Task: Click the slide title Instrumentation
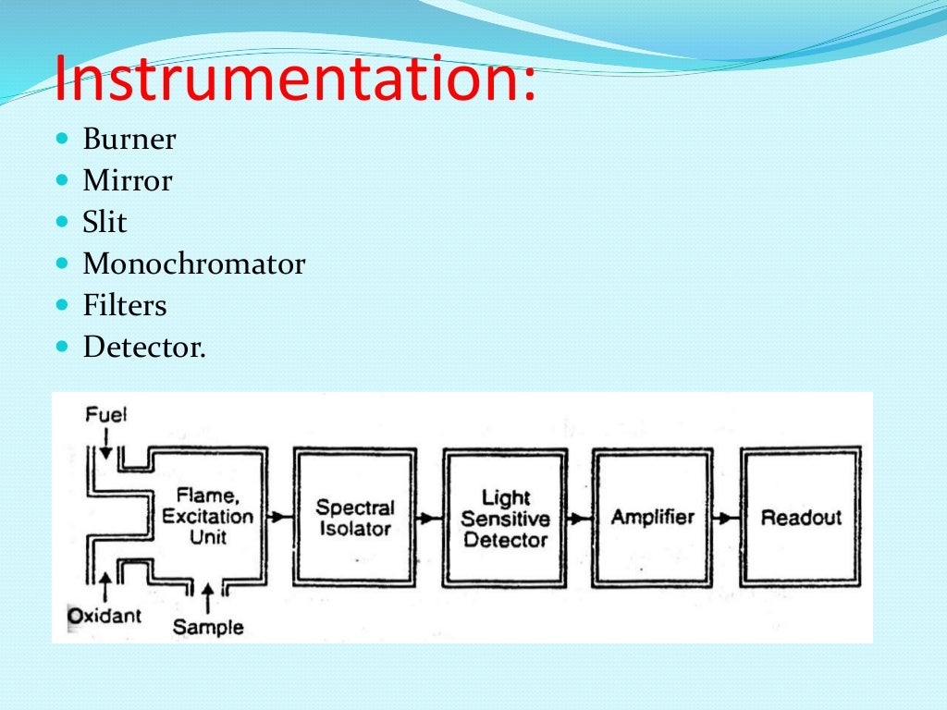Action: pyautogui.click(x=294, y=80)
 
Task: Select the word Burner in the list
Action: pyautogui.click(x=129, y=140)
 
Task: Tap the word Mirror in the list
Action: pyautogui.click(x=127, y=181)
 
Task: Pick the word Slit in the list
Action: pyautogui.click(x=105, y=223)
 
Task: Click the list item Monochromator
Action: pyautogui.click(x=193, y=264)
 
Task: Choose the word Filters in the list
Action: pyautogui.click(x=125, y=306)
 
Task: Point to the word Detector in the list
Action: pyautogui.click(x=144, y=348)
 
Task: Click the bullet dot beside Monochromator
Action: pyautogui.click(x=63, y=263)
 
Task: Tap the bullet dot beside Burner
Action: pyautogui.click(x=63, y=139)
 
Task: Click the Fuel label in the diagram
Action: pyautogui.click(x=105, y=414)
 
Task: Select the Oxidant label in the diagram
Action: pyautogui.click(x=105, y=615)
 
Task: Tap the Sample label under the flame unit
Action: pyautogui.click(x=208, y=627)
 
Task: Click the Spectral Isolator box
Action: pyautogui.click(x=354, y=518)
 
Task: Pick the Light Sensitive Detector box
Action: pyautogui.click(x=505, y=518)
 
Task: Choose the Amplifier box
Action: pyautogui.click(x=653, y=518)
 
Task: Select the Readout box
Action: pyautogui.click(x=802, y=518)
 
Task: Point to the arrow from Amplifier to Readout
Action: pyautogui.click(x=728, y=518)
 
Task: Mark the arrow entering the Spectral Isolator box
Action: pyautogui.click(x=281, y=518)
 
